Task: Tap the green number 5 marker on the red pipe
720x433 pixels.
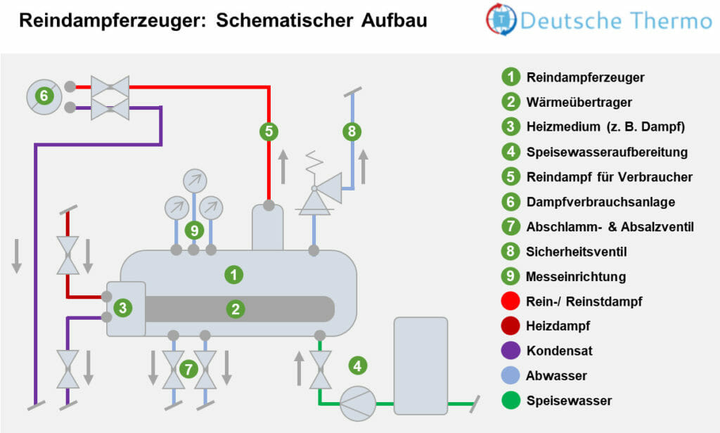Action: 268,130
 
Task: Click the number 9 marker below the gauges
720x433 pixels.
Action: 193,230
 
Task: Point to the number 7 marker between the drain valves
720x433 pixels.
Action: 188,368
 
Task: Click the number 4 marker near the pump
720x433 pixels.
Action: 358,366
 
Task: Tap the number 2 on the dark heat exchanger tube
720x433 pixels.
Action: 235,308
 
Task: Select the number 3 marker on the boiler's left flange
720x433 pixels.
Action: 122,307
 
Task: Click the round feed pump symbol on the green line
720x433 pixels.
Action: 359,403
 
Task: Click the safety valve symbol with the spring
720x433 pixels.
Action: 315,195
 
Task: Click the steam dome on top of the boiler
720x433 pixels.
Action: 268,226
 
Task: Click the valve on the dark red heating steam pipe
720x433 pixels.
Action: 68,254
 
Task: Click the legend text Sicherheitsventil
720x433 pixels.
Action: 576,251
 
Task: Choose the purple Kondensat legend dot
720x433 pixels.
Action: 511,351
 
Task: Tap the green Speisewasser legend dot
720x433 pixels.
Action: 511,401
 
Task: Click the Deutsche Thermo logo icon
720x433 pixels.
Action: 501,21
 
